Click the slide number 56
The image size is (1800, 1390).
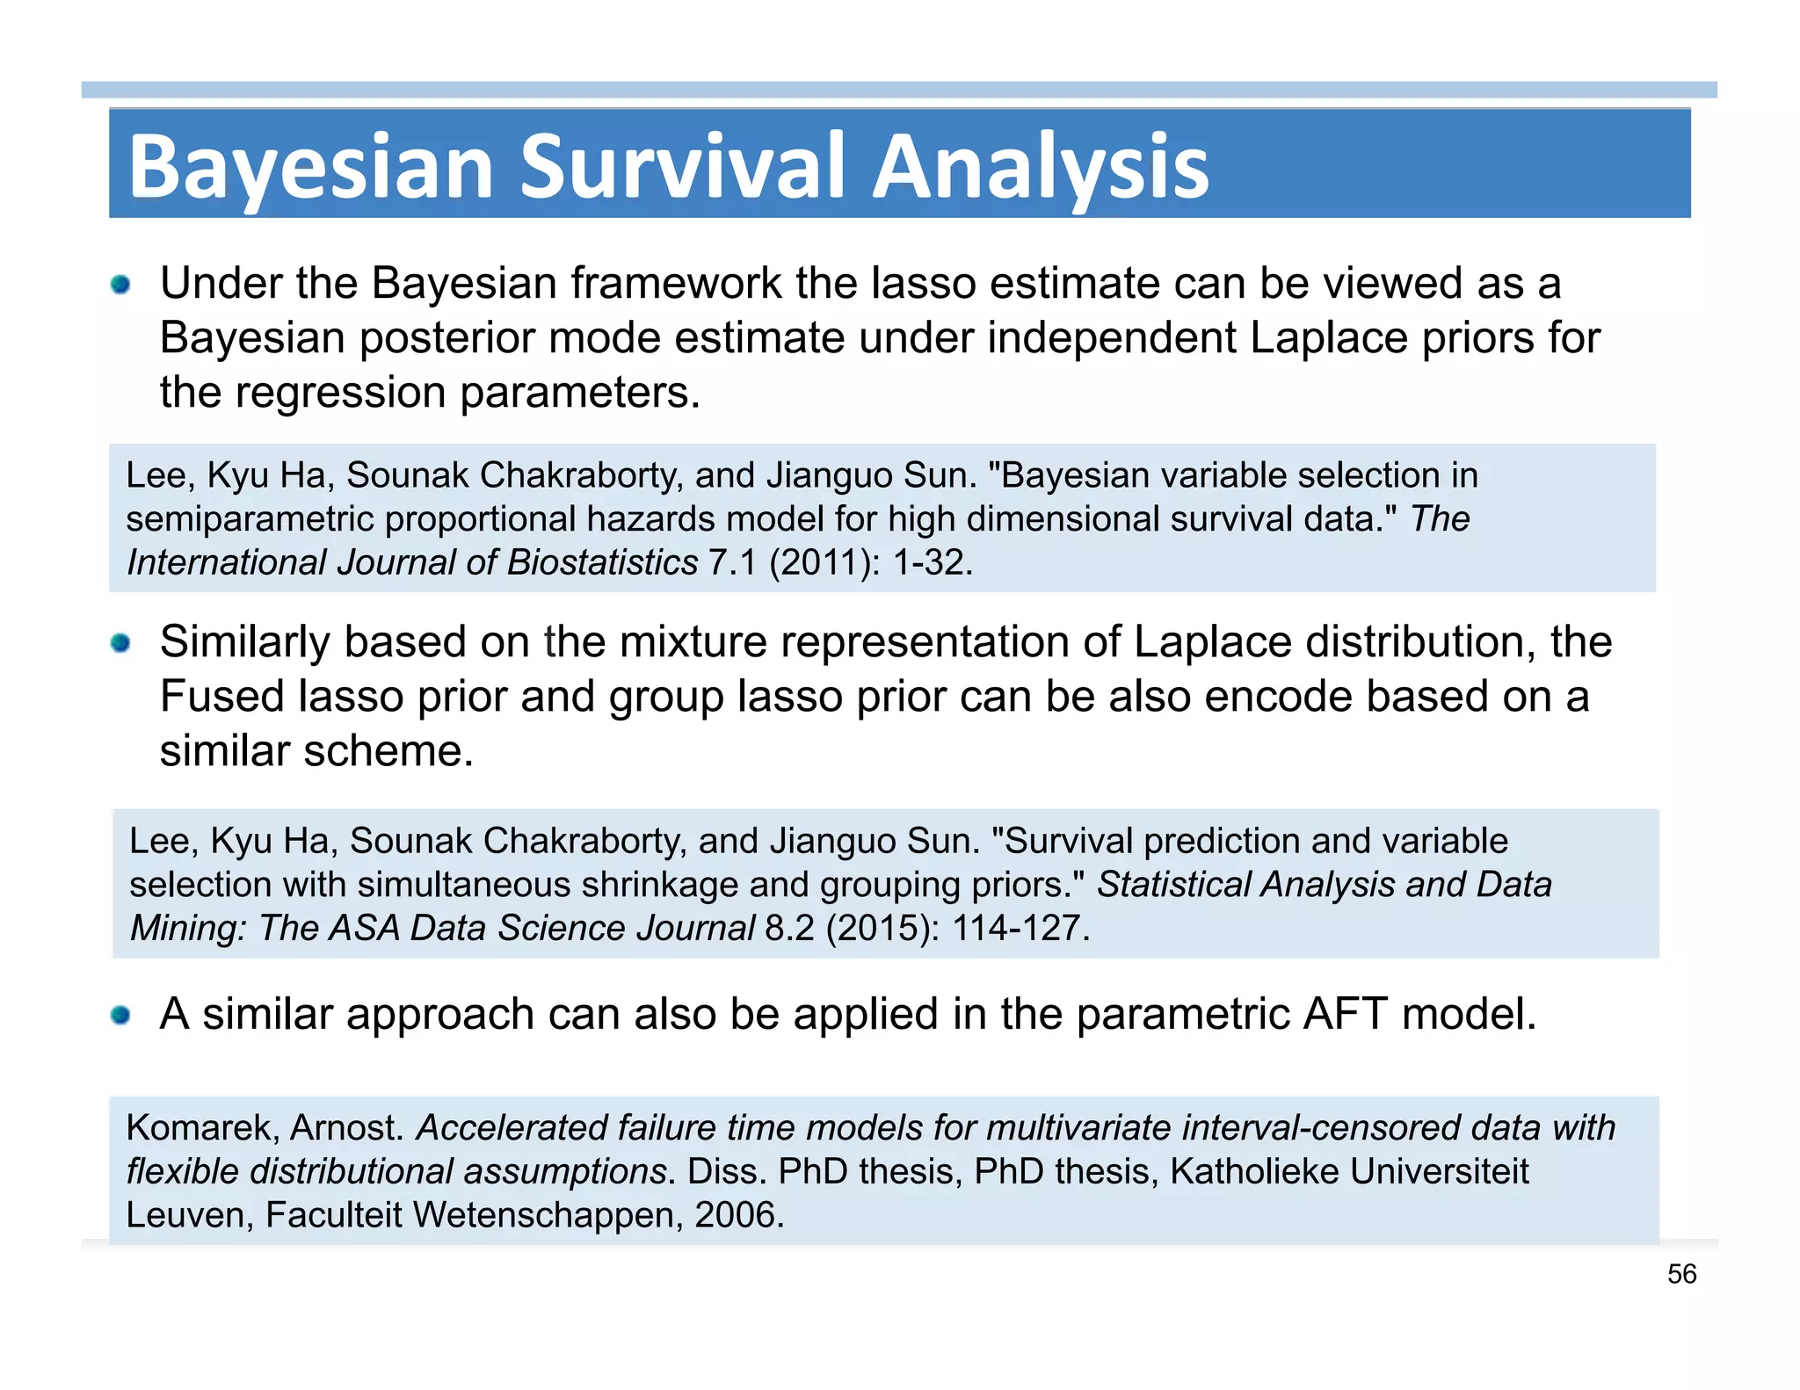pyautogui.click(x=1681, y=1274)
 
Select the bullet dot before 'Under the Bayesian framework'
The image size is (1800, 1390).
pyautogui.click(x=120, y=285)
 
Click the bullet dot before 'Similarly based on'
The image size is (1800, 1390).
pyautogui.click(x=120, y=643)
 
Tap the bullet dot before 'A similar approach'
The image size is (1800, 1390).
pyautogui.click(x=120, y=1016)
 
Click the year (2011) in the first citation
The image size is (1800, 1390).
pyautogui.click(x=824, y=562)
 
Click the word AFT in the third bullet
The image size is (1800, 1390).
pyautogui.click(x=1346, y=1014)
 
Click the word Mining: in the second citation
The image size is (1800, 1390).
pyautogui.click(x=188, y=928)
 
